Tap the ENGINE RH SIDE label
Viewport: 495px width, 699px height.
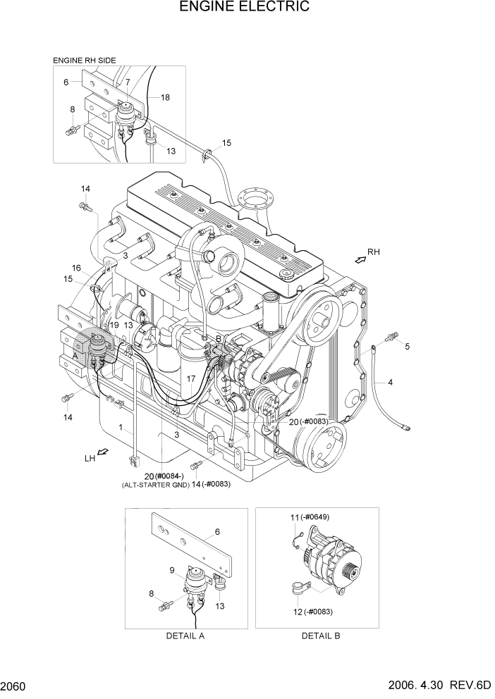click(84, 61)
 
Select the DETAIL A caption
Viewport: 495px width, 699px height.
click(185, 636)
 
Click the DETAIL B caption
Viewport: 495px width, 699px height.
click(321, 636)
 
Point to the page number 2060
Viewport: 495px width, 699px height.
click(15, 686)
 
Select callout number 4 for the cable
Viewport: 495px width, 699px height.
click(390, 381)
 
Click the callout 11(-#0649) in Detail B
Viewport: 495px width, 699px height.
click(310, 517)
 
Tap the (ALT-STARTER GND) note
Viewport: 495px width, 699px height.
click(155, 485)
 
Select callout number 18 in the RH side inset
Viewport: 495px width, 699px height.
click(165, 97)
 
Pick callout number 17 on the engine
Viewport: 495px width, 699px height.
click(190, 378)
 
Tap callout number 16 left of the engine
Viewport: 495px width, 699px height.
click(77, 268)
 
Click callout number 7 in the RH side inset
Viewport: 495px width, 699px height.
click(128, 82)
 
